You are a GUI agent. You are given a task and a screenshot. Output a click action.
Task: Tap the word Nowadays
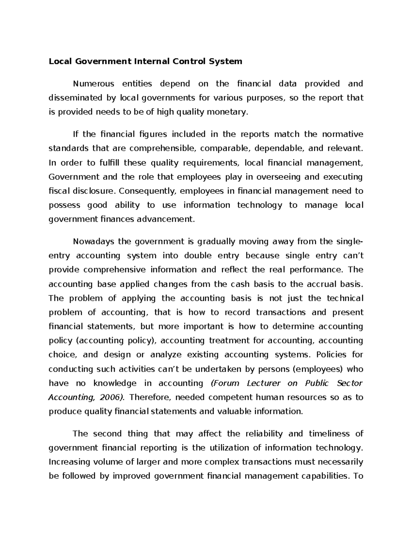[x=93, y=241]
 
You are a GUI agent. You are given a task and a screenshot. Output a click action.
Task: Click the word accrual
[x=316, y=284]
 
